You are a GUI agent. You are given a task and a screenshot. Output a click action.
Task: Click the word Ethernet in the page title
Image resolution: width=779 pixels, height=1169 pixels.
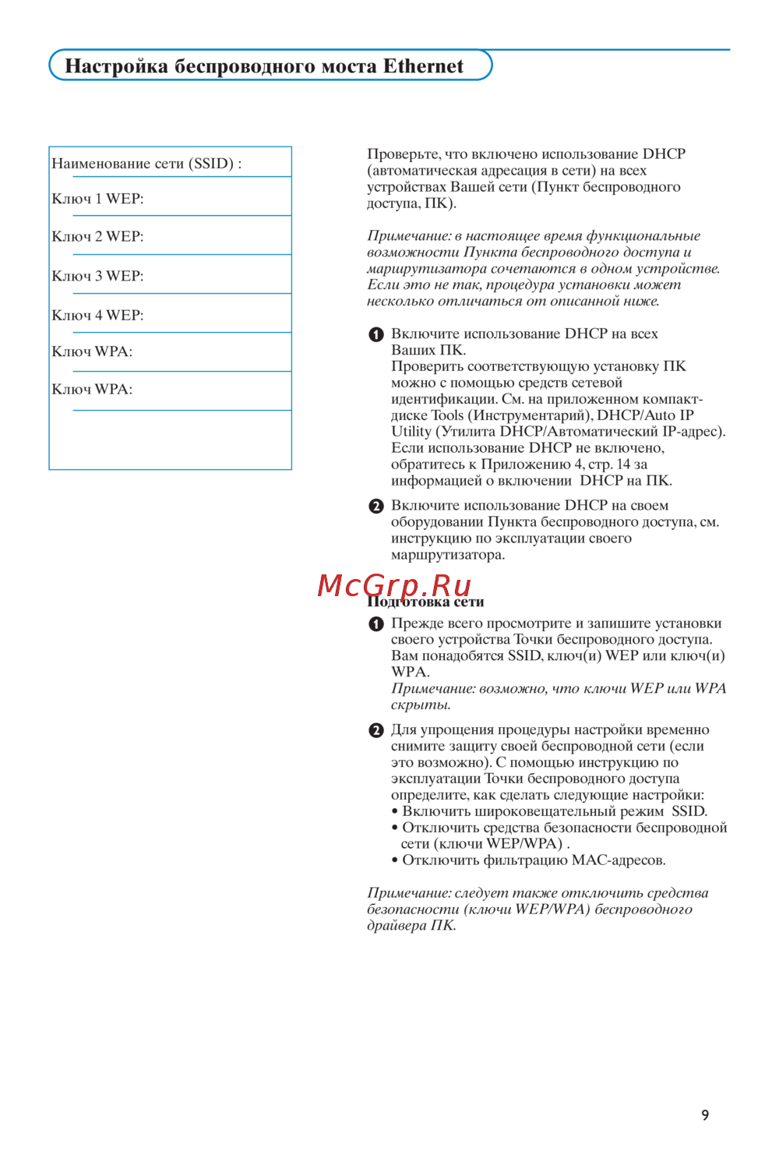(423, 66)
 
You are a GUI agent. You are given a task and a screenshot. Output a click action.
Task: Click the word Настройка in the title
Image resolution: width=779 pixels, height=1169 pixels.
(116, 66)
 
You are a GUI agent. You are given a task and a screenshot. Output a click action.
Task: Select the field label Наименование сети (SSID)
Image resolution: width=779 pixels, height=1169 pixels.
(146, 164)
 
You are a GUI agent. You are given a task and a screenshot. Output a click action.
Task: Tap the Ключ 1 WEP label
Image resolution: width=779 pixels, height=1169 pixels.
(97, 199)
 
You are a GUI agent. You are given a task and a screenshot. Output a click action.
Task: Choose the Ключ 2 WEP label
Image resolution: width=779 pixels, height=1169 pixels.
(97, 236)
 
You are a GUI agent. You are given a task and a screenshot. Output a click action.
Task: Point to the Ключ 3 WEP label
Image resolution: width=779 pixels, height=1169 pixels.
(97, 276)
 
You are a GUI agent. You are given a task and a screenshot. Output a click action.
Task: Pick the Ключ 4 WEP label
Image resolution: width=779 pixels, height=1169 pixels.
(97, 315)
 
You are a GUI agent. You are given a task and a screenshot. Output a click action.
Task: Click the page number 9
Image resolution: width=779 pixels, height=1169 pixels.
(705, 1115)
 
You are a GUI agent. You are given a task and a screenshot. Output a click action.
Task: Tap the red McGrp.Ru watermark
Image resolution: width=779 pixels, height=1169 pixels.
(394, 584)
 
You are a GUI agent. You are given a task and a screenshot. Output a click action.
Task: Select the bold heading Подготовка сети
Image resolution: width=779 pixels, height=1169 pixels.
(425, 602)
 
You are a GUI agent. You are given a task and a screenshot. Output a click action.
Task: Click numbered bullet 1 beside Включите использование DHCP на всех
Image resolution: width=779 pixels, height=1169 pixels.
(376, 334)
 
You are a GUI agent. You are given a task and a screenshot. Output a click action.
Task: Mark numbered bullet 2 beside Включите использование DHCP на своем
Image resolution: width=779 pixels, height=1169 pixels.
(376, 507)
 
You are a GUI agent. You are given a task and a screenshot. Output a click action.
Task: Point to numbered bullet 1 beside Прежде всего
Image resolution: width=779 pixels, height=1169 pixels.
(376, 624)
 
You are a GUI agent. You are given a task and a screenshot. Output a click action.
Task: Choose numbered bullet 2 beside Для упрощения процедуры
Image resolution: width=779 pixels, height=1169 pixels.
(376, 731)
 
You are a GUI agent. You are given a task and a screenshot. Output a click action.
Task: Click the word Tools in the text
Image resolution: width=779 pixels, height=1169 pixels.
(447, 415)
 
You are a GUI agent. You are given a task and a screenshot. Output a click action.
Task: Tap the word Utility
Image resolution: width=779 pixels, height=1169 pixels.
(411, 432)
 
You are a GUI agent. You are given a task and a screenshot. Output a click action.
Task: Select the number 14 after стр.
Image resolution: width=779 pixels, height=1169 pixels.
(623, 464)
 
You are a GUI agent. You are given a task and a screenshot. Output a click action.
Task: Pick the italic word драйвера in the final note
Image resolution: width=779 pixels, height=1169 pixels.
(397, 926)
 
